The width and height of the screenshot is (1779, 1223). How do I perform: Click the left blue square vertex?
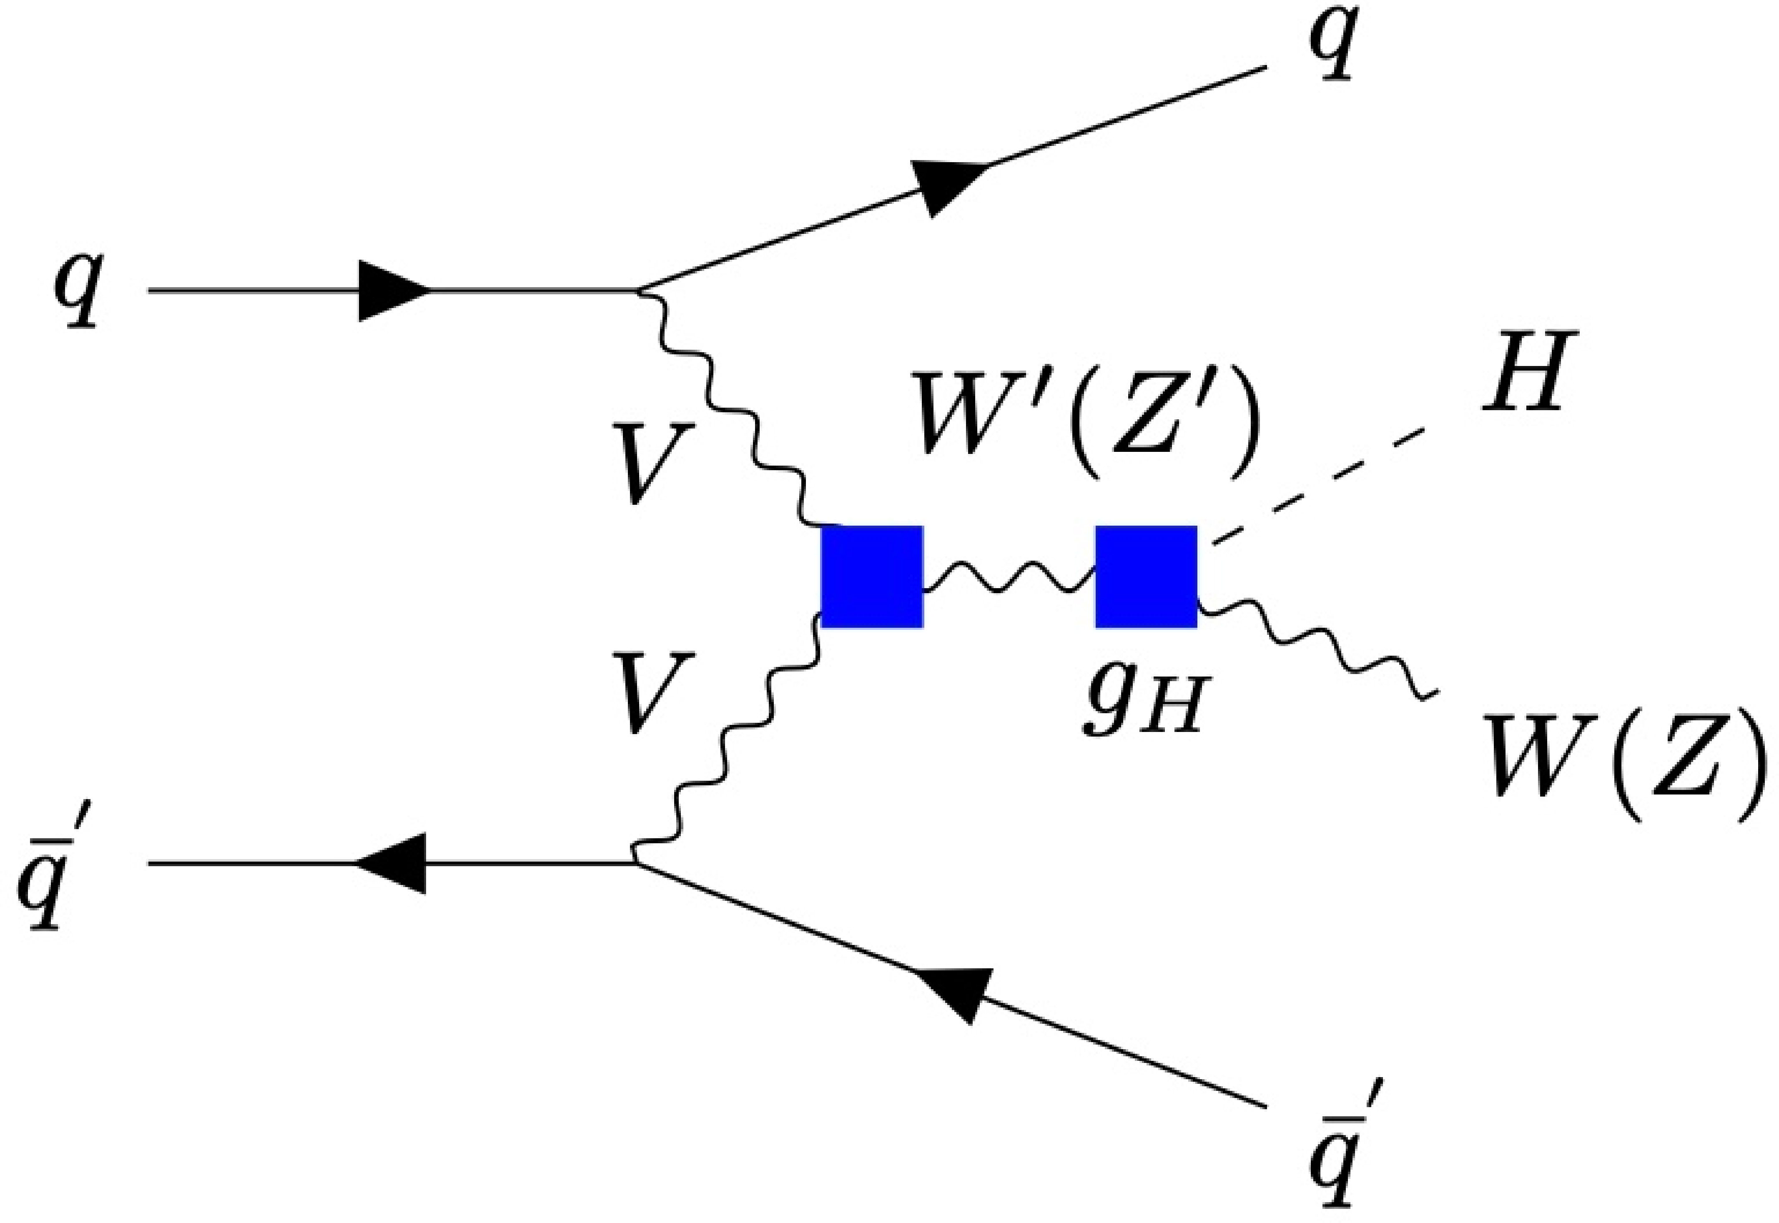(x=871, y=576)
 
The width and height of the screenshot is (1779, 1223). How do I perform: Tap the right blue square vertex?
(x=1146, y=576)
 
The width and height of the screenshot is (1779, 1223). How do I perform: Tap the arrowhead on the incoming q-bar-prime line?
(x=392, y=864)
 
